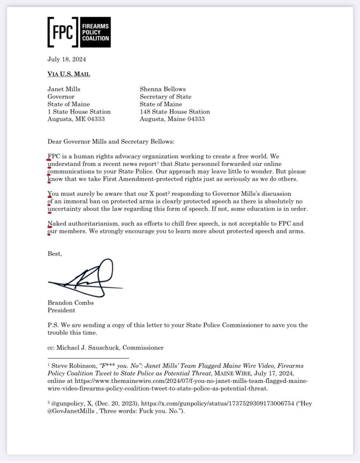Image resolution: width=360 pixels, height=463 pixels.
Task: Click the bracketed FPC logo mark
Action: [x=63, y=32]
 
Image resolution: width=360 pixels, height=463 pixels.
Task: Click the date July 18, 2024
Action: [x=66, y=59]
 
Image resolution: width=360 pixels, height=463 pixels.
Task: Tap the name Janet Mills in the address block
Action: [x=64, y=89]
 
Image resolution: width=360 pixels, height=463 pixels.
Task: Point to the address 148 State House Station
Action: [x=175, y=112]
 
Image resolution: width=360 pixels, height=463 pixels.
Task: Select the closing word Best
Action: [x=55, y=254]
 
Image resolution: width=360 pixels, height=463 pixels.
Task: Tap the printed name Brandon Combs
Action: [x=71, y=303]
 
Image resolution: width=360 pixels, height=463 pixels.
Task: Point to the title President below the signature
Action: [x=62, y=311]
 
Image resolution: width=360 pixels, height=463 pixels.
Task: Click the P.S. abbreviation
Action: [x=53, y=326]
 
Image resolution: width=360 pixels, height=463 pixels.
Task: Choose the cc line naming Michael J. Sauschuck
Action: [x=105, y=348]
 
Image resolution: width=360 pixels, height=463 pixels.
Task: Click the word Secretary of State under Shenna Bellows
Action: [x=165, y=97]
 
